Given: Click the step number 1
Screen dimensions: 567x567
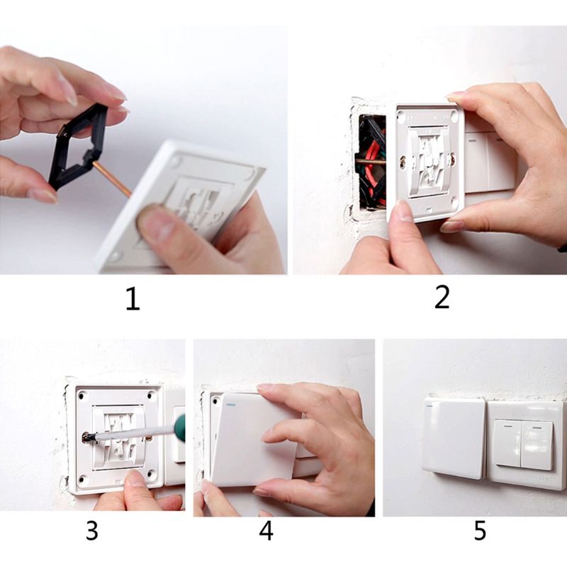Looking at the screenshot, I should [133, 298].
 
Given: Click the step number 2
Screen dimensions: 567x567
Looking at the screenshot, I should [442, 297].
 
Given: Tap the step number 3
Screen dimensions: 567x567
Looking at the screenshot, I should [92, 531].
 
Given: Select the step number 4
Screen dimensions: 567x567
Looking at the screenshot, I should [266, 531].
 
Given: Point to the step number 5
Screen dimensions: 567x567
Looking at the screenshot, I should [481, 531].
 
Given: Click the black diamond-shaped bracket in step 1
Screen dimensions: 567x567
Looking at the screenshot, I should [77, 145].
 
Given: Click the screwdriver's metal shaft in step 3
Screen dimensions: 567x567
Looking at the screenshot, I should [128, 434].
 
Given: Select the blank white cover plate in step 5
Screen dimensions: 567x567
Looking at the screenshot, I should [454, 437].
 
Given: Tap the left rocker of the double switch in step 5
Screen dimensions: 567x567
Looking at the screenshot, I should [507, 443].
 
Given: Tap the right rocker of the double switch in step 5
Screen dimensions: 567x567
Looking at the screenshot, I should [537, 444].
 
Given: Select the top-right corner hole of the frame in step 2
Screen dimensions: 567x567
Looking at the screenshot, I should [451, 113].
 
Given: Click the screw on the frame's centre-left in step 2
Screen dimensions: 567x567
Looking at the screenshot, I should [403, 162].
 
